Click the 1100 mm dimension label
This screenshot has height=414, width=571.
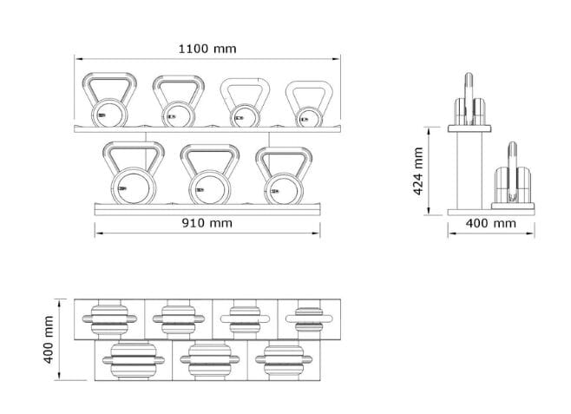(x=207, y=49)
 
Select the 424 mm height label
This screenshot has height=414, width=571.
(x=419, y=170)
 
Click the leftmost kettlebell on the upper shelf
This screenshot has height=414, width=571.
(x=108, y=102)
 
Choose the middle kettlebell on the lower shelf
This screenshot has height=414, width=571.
(x=208, y=173)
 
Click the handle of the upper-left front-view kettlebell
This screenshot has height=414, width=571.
(x=108, y=86)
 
